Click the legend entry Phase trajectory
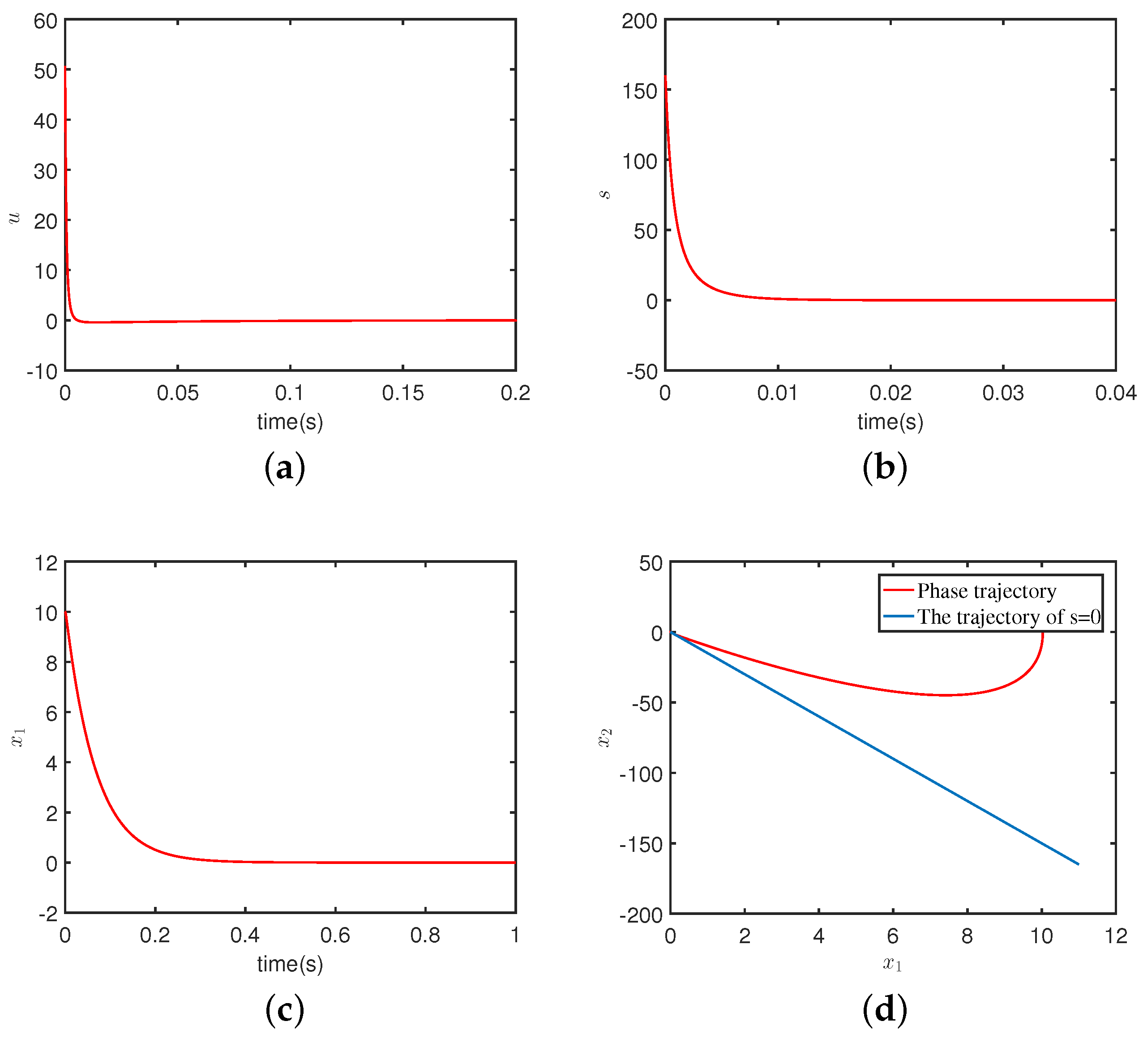(986, 591)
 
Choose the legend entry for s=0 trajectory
(1009, 617)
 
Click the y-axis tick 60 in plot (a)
(45, 21)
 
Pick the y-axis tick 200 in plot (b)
(639, 21)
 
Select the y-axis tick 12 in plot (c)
(46, 563)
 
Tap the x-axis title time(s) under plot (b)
(890, 421)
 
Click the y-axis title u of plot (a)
(15, 217)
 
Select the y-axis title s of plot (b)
(605, 194)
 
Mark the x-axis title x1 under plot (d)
(892, 963)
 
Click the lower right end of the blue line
(1079, 864)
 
